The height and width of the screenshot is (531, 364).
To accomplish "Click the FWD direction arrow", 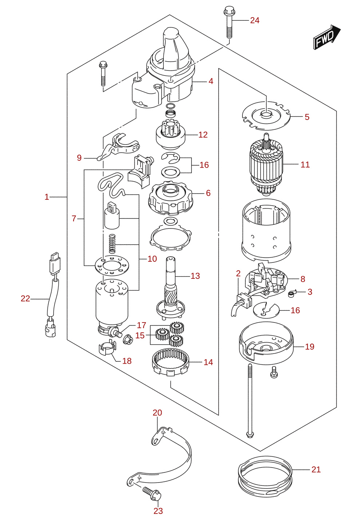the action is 327,37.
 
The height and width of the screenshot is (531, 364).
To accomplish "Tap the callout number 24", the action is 254,21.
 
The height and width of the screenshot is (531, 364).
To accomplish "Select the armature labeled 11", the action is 266,164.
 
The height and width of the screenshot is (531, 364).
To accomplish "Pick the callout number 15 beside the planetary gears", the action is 140,335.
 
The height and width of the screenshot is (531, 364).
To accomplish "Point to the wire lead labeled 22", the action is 52,294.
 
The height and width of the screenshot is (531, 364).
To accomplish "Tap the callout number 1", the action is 47,197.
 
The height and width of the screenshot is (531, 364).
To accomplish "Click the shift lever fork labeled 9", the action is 118,147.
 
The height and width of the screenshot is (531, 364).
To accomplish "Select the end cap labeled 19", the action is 266,343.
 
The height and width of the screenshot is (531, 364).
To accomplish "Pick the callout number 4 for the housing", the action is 211,81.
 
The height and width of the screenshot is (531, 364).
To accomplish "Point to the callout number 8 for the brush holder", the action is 302,279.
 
